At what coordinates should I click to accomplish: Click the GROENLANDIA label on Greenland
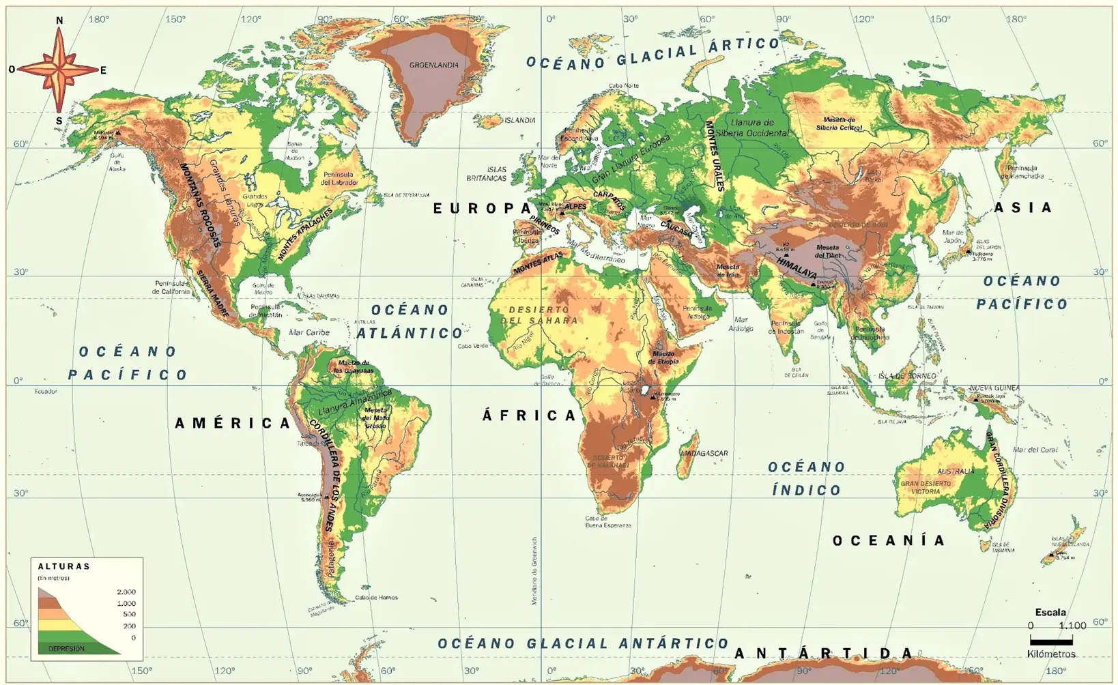(433, 65)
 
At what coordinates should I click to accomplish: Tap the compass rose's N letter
(59, 20)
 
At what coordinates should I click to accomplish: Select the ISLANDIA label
(520, 121)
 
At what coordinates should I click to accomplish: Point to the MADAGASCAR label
(704, 453)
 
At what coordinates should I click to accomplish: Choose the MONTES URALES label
(715, 156)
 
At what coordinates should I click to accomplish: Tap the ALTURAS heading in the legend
(64, 566)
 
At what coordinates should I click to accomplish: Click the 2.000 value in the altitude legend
(126, 592)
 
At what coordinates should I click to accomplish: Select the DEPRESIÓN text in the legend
(66, 649)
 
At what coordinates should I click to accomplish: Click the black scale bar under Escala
(1051, 641)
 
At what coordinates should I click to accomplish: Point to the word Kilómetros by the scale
(1051, 654)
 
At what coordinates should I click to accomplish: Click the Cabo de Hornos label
(376, 598)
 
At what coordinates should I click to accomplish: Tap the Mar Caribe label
(309, 332)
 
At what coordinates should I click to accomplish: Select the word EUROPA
(483, 209)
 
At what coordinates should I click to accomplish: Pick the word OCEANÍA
(889, 541)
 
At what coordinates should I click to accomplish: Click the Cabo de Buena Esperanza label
(607, 522)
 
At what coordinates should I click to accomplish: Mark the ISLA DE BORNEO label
(907, 376)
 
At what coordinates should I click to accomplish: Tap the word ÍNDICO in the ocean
(807, 491)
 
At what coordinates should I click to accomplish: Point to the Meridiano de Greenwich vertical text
(534, 570)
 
